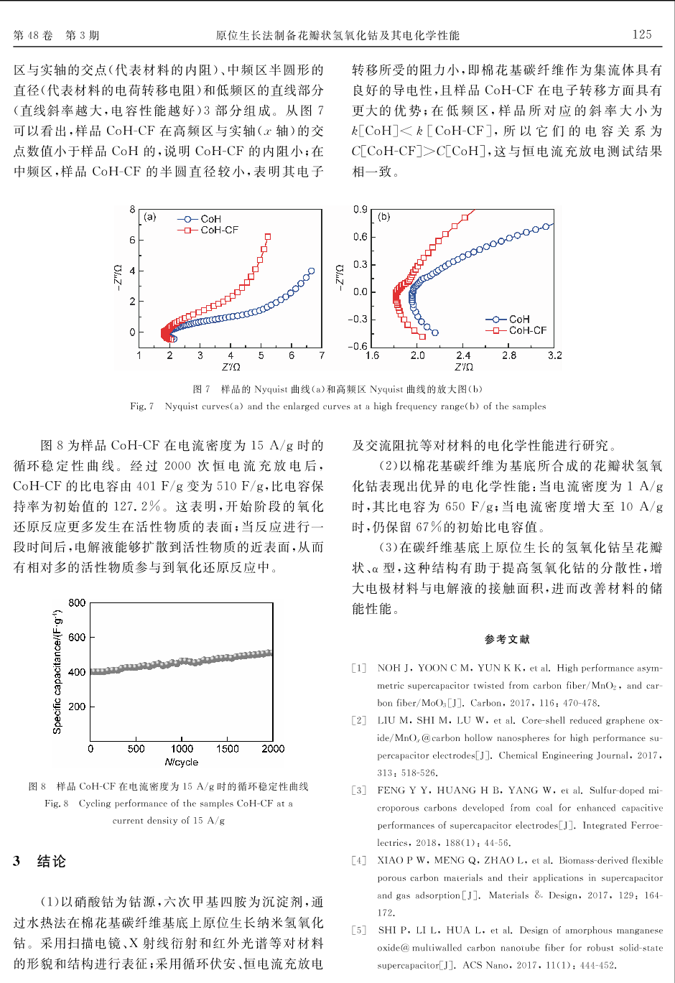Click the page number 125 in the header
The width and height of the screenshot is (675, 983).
pos(641,34)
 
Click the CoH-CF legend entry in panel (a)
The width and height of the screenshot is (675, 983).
pos(209,230)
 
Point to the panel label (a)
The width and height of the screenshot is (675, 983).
pos(149,217)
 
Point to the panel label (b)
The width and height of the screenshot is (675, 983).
pos(384,216)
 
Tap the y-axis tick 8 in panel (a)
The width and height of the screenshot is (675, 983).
pos(132,209)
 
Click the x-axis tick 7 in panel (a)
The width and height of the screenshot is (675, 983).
pos(322,355)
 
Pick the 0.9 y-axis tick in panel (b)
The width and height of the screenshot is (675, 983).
pos(360,209)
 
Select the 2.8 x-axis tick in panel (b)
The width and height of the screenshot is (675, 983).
pos(509,355)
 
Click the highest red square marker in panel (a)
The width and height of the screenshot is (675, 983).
pos(268,236)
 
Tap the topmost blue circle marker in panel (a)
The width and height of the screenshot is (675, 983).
pos(311,271)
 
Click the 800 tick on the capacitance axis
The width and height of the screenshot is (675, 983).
pos(77,602)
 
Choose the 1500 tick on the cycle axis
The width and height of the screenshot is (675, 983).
pos(228,748)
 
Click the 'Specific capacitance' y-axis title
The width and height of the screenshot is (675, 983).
pos(57,672)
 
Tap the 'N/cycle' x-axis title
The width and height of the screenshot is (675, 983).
pos(181,762)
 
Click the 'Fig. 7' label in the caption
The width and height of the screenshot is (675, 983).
pos(141,406)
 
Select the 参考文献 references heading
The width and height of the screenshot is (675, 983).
pos(507,639)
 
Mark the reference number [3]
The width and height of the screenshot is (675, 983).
pos(359,790)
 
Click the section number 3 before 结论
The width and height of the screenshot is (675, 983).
pos(17,861)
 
